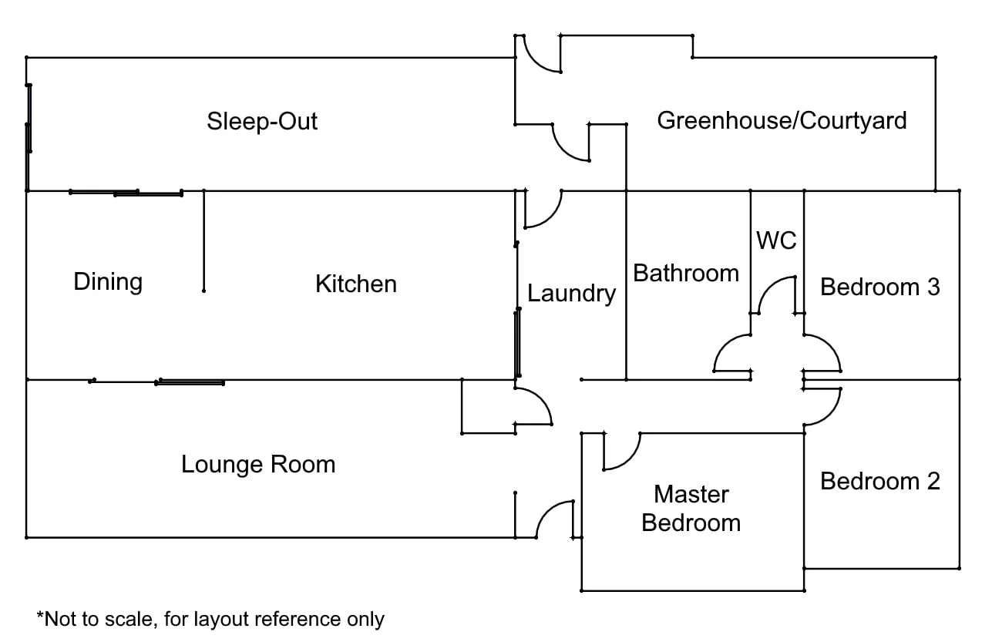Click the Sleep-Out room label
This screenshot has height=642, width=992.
pos(262,122)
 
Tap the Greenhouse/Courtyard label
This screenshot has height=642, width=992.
pos(782,120)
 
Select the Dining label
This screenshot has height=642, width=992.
pos(108,282)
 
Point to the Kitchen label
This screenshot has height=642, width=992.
pos(356,284)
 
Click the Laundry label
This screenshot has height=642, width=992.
pos(571,294)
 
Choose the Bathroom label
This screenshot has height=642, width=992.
pos(686,273)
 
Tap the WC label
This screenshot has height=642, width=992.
pos(776,240)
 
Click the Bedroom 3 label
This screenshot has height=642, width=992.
pos(880,287)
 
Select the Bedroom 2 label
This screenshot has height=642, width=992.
pos(880,482)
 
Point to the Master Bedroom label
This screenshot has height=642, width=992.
pos(691,508)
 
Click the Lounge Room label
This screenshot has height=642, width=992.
pos(258,465)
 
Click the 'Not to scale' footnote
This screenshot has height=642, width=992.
pos(210,619)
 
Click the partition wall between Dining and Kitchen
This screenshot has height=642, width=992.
pos(203,240)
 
